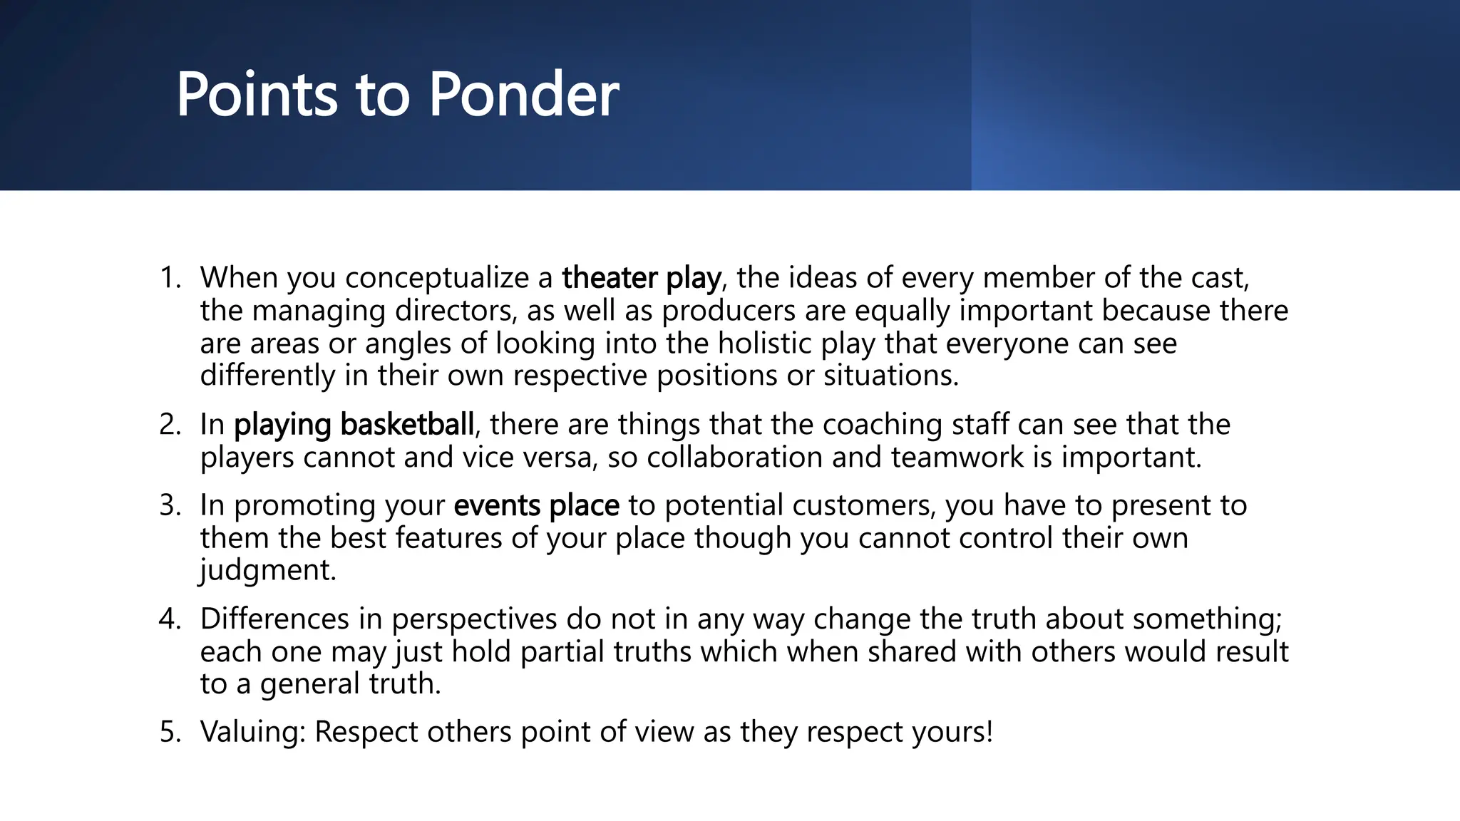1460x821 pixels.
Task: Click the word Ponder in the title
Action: [x=523, y=95]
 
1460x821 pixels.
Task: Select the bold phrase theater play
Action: [x=641, y=278]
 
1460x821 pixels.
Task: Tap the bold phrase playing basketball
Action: [x=354, y=425]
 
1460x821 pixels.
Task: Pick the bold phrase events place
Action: [x=536, y=505]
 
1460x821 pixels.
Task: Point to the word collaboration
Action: [x=734, y=457]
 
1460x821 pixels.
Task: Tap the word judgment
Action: [x=267, y=570]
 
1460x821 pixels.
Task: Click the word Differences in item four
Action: [x=274, y=619]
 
